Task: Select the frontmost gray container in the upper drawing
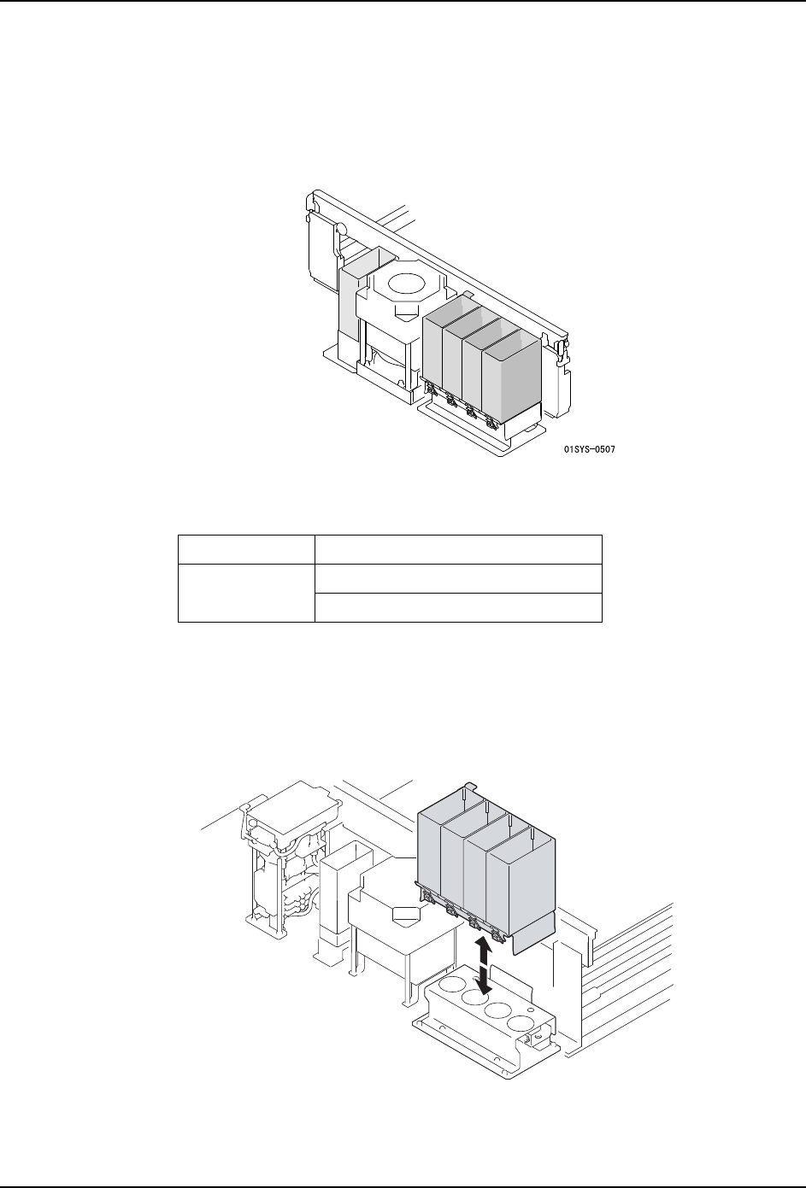[x=511, y=376]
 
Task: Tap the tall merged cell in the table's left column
[x=246, y=592]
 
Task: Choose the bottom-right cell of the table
[x=459, y=607]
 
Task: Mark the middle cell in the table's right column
[x=459, y=577]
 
